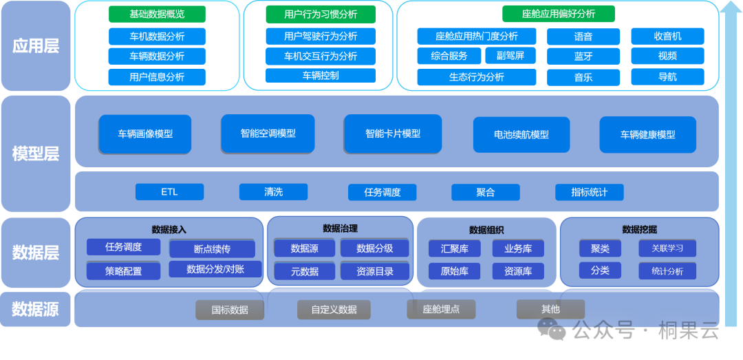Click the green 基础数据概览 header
157,14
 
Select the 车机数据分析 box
157,36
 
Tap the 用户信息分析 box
157,77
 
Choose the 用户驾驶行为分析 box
321,36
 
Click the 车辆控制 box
321,76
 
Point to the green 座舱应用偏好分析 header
559,14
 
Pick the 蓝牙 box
583,56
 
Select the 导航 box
667,77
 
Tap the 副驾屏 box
510,56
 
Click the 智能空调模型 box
268,134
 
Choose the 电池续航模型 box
521,135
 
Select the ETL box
170,192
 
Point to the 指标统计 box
590,192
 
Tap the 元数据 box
305,271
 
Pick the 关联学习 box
667,248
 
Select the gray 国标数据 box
230,310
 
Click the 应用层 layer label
36,47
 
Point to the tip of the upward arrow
731,2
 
